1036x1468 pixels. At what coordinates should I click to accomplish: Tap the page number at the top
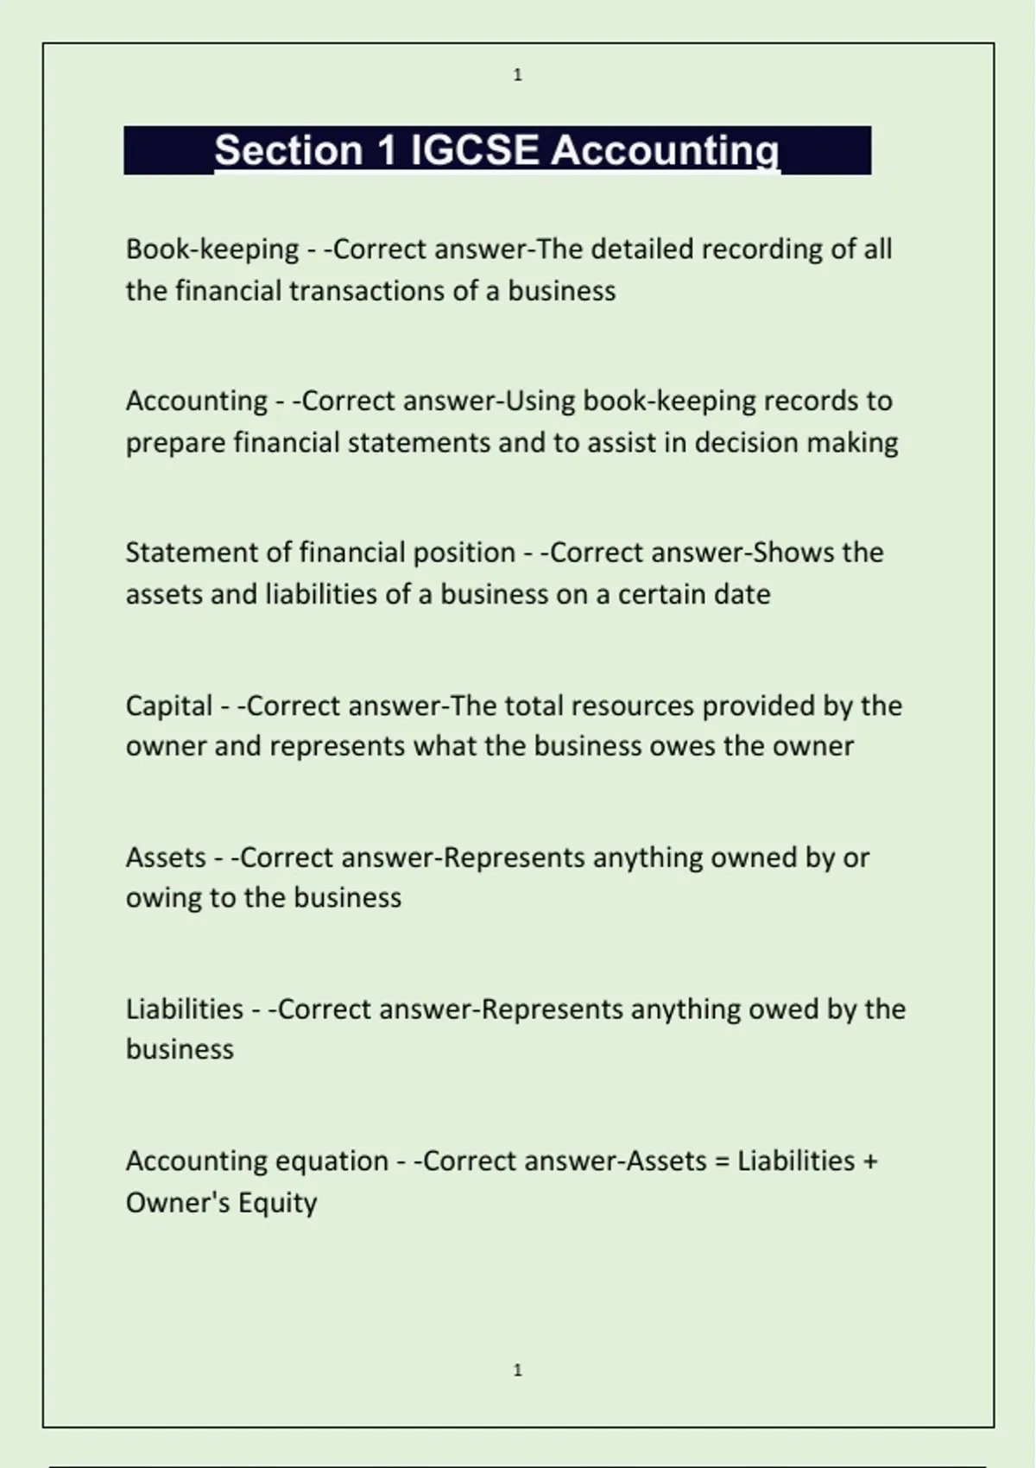[518, 75]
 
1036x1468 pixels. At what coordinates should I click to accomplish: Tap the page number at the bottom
[518, 1370]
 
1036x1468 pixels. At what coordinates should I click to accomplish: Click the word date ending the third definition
[745, 595]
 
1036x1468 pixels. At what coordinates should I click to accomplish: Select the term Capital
[169, 706]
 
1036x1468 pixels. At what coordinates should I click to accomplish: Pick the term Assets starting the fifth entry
[166, 857]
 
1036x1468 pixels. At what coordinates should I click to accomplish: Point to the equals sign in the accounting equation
[722, 1161]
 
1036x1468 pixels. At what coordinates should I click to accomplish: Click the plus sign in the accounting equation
[870, 1161]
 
